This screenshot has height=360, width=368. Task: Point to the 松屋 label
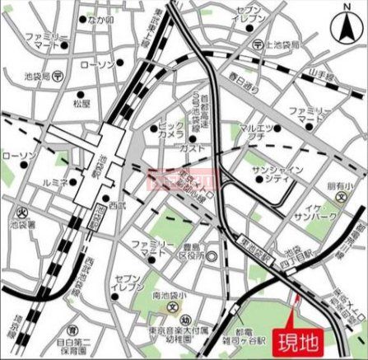click(81, 104)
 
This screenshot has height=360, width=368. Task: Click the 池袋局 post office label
click(38, 76)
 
